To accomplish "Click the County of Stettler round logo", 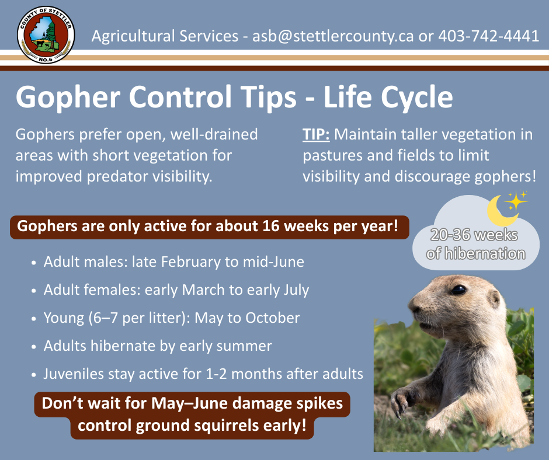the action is point(46,34).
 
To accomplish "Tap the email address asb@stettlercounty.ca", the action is point(333,36).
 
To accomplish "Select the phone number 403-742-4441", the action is point(489,36).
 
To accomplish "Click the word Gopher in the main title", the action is point(68,97).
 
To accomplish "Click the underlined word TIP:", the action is point(316,134).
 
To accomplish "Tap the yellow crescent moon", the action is point(500,211).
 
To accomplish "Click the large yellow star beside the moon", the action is point(516,201).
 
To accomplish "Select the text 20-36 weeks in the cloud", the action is point(474,235).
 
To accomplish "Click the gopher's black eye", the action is point(458,290).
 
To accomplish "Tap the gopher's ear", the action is point(494,299).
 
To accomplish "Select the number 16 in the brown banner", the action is point(270,226).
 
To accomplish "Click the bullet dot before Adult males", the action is point(34,263).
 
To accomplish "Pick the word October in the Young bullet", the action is point(272,318).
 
